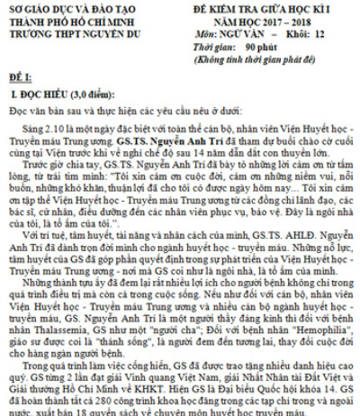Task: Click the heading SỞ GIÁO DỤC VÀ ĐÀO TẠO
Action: point(63,8)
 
